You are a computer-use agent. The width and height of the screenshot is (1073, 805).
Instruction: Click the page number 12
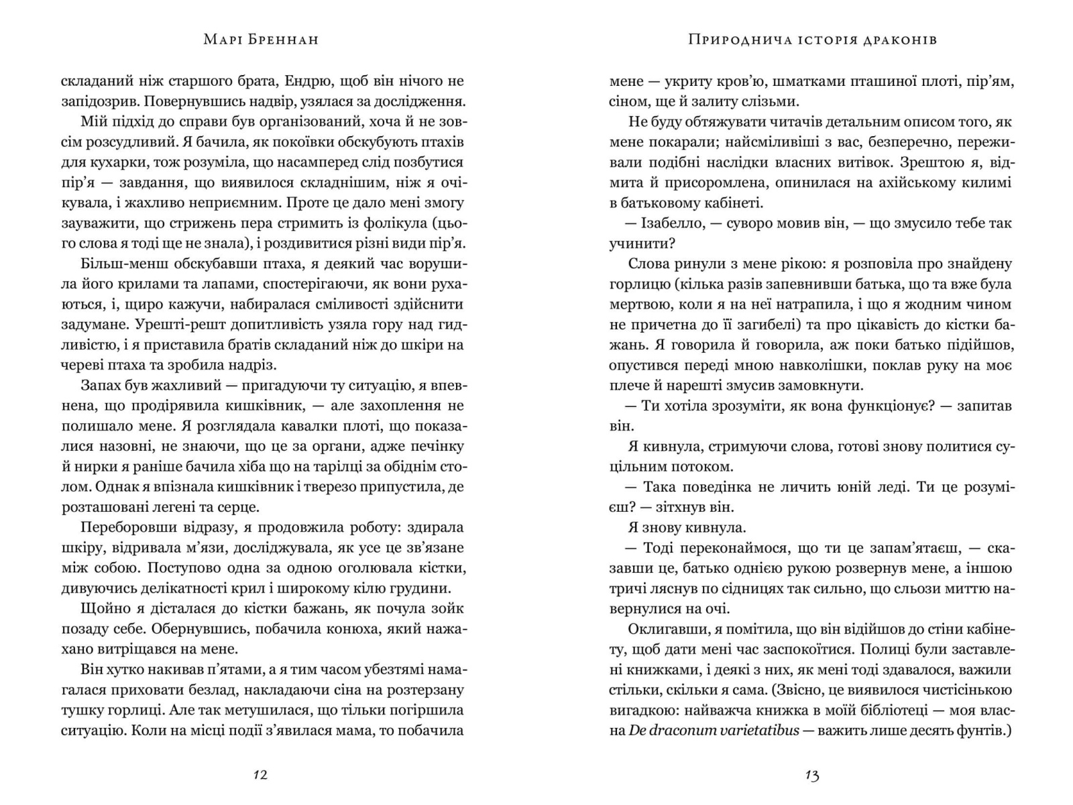click(x=260, y=775)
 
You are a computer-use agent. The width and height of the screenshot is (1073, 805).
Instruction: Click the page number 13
click(x=811, y=775)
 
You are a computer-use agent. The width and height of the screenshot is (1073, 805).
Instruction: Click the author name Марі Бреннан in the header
click(x=260, y=40)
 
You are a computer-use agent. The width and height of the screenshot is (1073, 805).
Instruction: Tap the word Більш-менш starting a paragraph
click(x=115, y=263)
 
